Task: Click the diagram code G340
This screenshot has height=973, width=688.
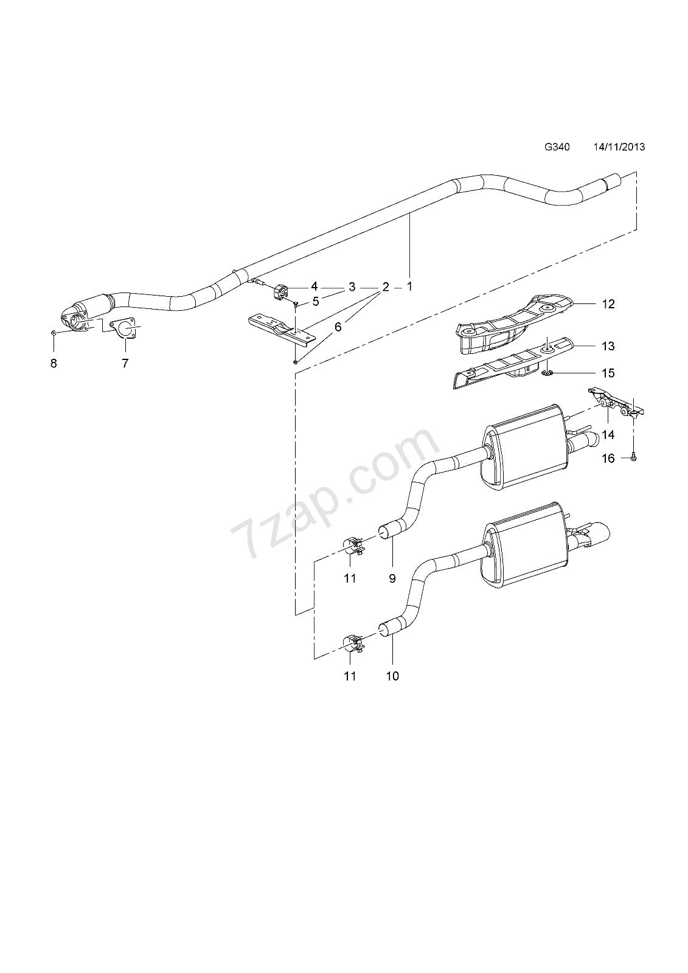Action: (557, 147)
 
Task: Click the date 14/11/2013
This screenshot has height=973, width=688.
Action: (619, 147)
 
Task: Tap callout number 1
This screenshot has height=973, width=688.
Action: (409, 286)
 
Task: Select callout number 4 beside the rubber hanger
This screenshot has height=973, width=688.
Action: (314, 286)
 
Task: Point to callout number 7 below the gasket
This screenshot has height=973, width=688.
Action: (125, 364)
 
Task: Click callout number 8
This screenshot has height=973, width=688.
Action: (54, 364)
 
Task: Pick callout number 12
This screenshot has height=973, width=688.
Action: (608, 304)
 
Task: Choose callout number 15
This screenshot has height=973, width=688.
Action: (608, 373)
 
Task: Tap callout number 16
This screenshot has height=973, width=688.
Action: (608, 459)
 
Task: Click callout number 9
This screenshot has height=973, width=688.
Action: (392, 578)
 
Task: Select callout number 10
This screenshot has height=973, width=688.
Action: (392, 676)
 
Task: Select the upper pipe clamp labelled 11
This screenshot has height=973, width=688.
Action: (353, 545)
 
